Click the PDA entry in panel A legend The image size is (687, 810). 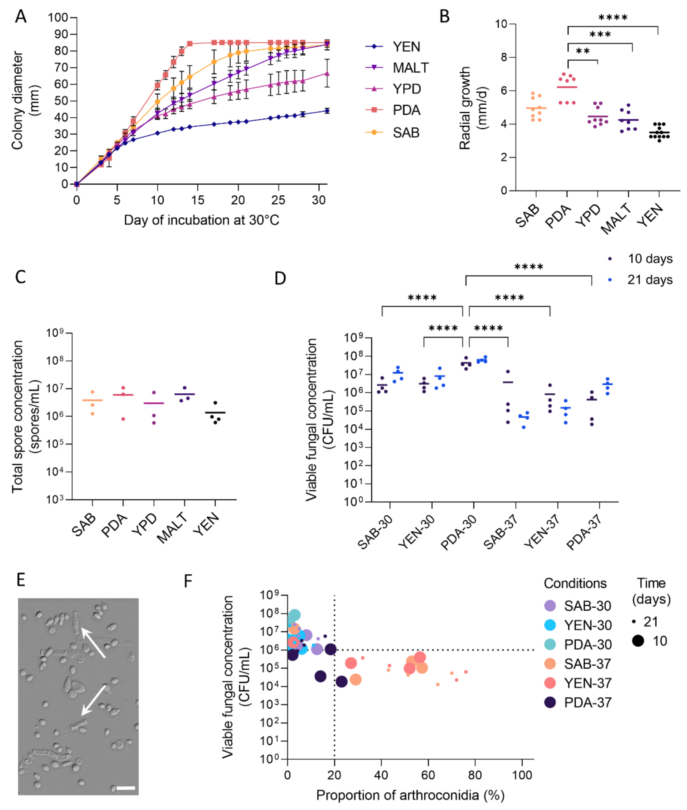click(x=406, y=110)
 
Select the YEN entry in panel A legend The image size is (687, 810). click(x=406, y=47)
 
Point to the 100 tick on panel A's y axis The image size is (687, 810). click(x=58, y=17)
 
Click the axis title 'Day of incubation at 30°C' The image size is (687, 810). click(x=201, y=220)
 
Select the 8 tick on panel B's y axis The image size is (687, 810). click(x=504, y=57)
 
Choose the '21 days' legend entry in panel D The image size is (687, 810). click(x=650, y=280)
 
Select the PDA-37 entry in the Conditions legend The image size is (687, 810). click(x=587, y=703)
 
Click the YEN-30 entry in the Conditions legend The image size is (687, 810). click(x=587, y=625)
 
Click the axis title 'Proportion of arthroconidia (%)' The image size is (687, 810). click(x=410, y=795)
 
